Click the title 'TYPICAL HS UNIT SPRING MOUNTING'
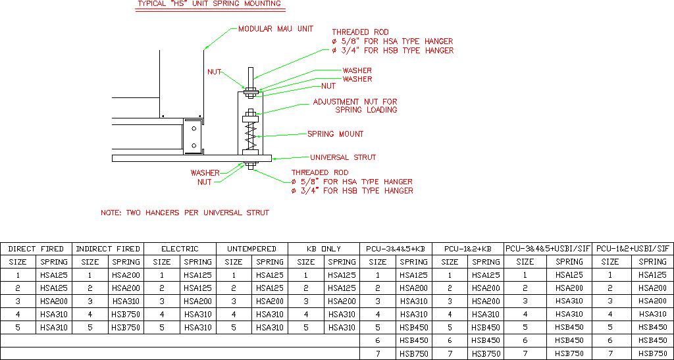pos(209,4)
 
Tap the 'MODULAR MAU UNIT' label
pos(275,29)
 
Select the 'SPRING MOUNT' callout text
pos(335,134)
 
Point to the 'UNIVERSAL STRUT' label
pos(343,157)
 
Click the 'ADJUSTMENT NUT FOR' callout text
pos(355,102)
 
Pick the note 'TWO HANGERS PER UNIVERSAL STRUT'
pos(184,213)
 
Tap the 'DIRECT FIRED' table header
pos(36,249)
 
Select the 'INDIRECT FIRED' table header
pos(108,249)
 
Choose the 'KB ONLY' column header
pos(324,249)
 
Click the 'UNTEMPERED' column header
pos(252,249)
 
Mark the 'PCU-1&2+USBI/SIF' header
pos(633,249)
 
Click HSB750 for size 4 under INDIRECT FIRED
pos(126,315)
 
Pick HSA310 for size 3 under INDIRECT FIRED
pos(126,301)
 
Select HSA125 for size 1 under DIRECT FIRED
pos(54,275)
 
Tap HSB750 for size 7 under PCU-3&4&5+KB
pos(413,353)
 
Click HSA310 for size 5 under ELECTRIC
pos(197,328)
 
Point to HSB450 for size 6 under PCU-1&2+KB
pos(486,340)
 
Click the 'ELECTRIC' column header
pos(180,249)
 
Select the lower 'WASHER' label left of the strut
pos(205,173)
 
